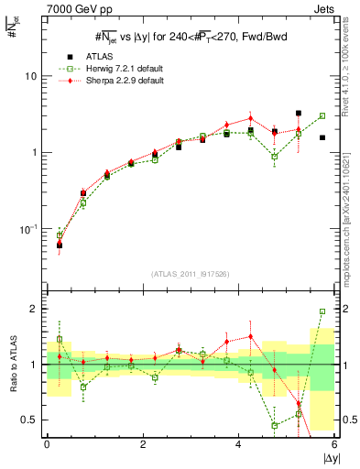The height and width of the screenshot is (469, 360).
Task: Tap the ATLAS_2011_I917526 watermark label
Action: coord(191,274)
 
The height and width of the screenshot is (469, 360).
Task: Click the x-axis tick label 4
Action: coord(239,443)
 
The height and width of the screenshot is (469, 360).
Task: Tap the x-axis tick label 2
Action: coord(143,443)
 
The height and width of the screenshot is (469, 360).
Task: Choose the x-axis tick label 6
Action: coord(335,443)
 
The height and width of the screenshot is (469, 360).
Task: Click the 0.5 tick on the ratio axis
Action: coord(31,420)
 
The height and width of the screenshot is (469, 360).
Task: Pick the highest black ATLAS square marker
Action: coord(299,114)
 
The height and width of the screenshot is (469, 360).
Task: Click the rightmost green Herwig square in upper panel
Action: coord(322,116)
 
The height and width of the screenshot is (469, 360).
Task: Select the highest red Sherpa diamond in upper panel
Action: coord(250,118)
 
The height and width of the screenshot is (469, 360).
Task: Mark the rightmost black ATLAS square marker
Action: coord(322,137)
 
